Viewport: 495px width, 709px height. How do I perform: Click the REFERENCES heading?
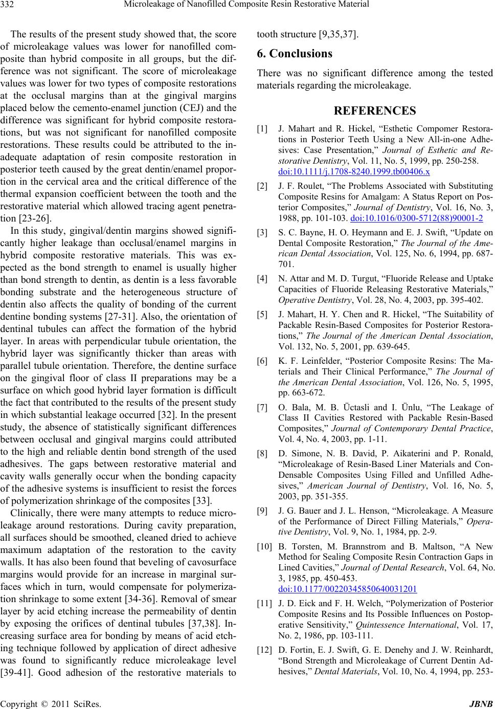(x=375, y=110)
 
